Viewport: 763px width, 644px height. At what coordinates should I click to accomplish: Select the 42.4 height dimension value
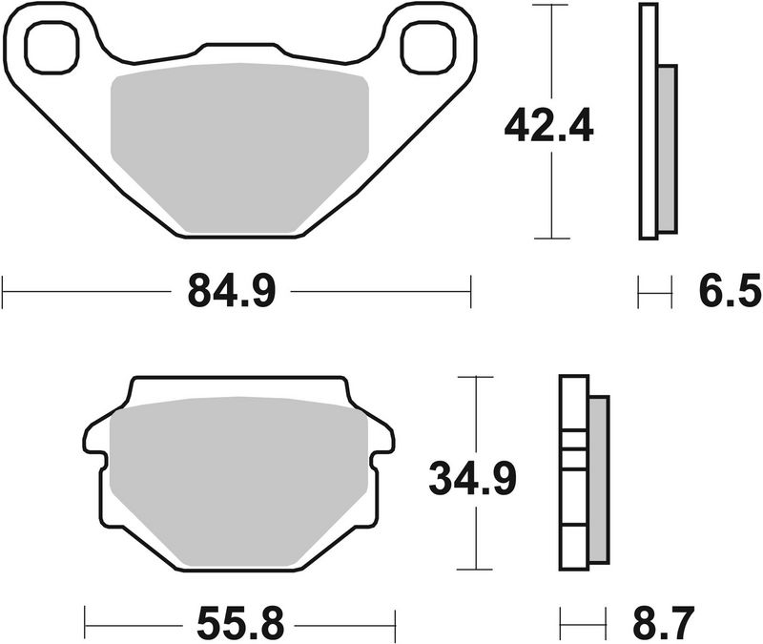click(x=548, y=124)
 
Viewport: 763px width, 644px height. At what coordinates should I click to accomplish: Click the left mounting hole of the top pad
click(x=49, y=48)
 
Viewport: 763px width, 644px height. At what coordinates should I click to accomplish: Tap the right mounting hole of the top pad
click(x=424, y=48)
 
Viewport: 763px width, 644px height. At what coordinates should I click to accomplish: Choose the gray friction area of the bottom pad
click(x=238, y=482)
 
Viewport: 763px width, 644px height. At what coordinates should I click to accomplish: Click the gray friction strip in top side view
click(x=667, y=148)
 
